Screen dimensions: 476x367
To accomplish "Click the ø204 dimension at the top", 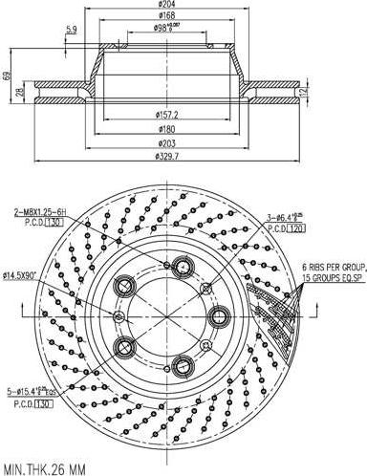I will tap(168, 5).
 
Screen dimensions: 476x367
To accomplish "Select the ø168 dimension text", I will tap(168, 15).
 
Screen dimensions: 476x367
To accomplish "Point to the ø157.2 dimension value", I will tap(168, 116).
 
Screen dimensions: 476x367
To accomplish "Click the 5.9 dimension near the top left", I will tap(71, 31).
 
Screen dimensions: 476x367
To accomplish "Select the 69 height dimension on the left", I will tap(7, 76).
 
